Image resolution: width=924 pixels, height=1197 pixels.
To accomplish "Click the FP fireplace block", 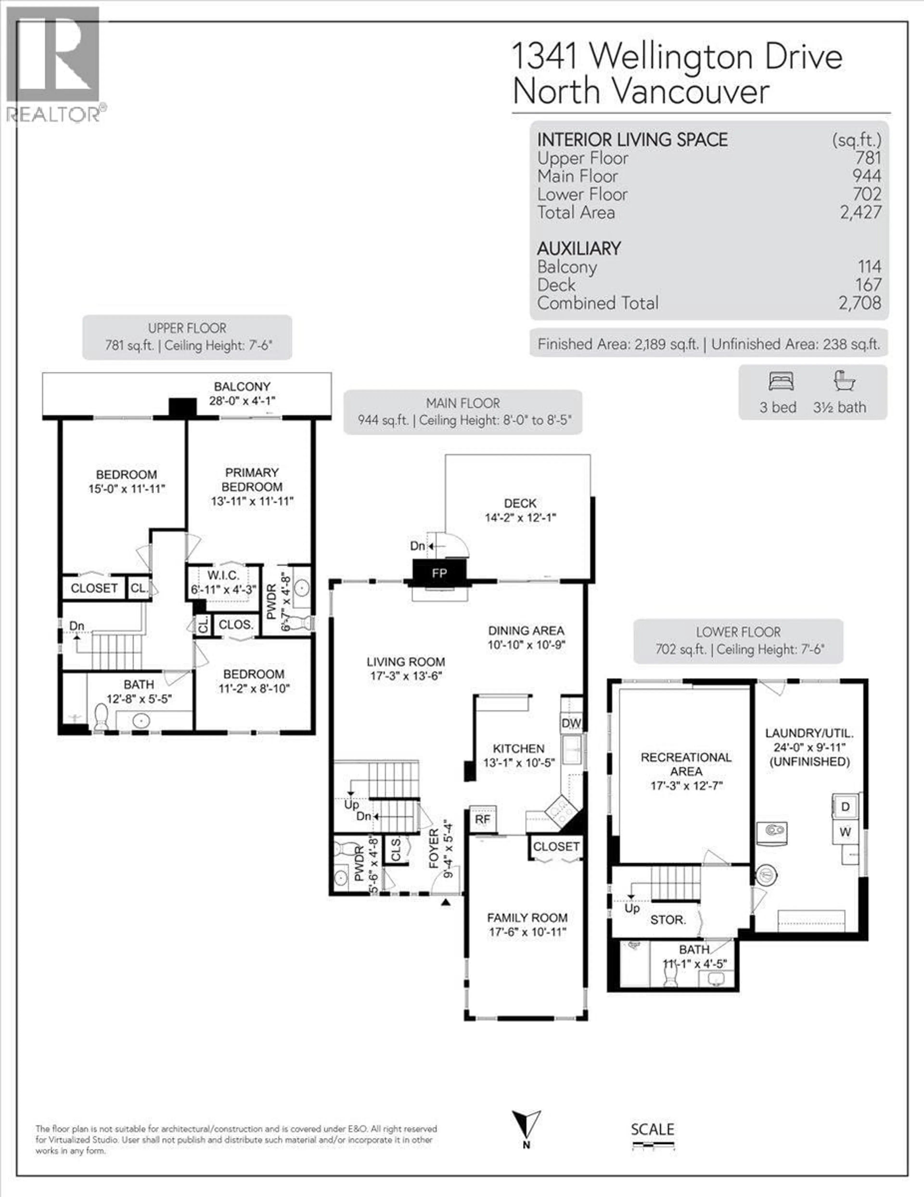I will point(439,573).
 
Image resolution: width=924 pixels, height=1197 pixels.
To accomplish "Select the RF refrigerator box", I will point(482,819).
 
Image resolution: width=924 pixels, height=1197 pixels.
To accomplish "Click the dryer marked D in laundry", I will point(845,807).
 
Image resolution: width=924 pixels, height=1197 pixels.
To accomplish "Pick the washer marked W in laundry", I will point(845,832).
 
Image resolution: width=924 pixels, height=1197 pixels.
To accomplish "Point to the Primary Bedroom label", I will point(252,480).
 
